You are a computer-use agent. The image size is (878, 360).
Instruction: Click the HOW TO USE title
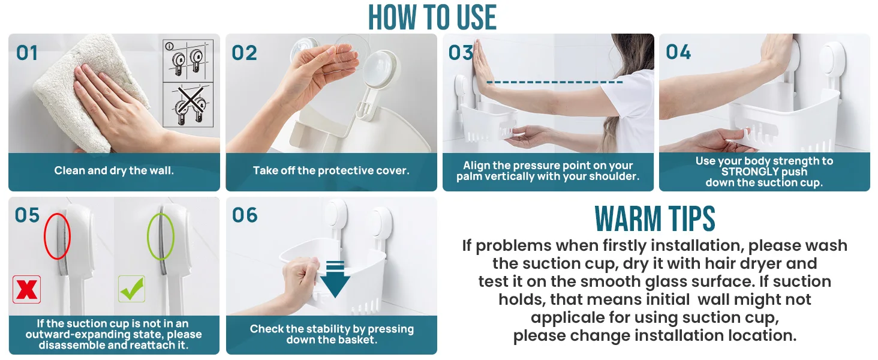432,17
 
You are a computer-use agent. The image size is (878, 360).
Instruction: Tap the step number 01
27,53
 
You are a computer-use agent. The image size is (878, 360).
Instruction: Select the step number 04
678,52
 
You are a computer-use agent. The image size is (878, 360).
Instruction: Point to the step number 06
245,215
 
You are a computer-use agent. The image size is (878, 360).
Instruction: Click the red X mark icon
26,290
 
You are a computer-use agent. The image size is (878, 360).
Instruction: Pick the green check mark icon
132,289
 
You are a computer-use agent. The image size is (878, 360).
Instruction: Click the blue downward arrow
335,280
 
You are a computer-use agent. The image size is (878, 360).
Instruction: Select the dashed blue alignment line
554,82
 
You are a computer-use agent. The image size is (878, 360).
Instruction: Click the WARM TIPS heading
654,218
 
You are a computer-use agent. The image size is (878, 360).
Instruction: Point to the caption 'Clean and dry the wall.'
114,170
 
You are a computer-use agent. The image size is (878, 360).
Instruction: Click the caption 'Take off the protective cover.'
331,170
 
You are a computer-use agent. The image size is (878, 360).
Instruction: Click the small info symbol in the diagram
169,46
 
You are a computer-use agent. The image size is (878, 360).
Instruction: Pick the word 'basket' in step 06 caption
357,340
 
